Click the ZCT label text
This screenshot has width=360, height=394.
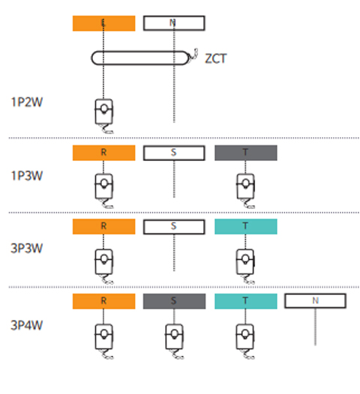click(216, 58)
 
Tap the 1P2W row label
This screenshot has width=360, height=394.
click(27, 102)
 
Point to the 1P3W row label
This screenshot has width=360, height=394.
click(27, 175)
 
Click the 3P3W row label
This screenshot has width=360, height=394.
click(27, 248)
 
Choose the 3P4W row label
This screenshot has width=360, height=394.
click(27, 325)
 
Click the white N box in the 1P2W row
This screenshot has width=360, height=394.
click(174, 23)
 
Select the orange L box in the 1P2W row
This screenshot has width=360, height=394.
click(104, 23)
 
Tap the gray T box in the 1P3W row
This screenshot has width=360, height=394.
click(246, 153)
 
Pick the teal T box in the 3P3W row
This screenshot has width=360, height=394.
click(246, 226)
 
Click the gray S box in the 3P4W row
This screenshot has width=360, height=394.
click(174, 301)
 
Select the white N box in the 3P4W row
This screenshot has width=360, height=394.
click(316, 301)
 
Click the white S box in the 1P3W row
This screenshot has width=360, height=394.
click(174, 153)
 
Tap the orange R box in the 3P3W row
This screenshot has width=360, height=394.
click(104, 226)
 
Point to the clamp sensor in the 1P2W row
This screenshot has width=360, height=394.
click(104, 112)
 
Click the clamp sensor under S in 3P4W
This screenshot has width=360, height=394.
click(174, 337)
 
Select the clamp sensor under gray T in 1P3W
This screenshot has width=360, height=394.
click(245, 187)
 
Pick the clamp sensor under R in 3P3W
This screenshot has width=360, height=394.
click(104, 262)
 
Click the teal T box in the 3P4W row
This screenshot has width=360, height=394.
click(246, 301)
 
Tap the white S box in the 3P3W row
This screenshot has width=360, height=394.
click(174, 227)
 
